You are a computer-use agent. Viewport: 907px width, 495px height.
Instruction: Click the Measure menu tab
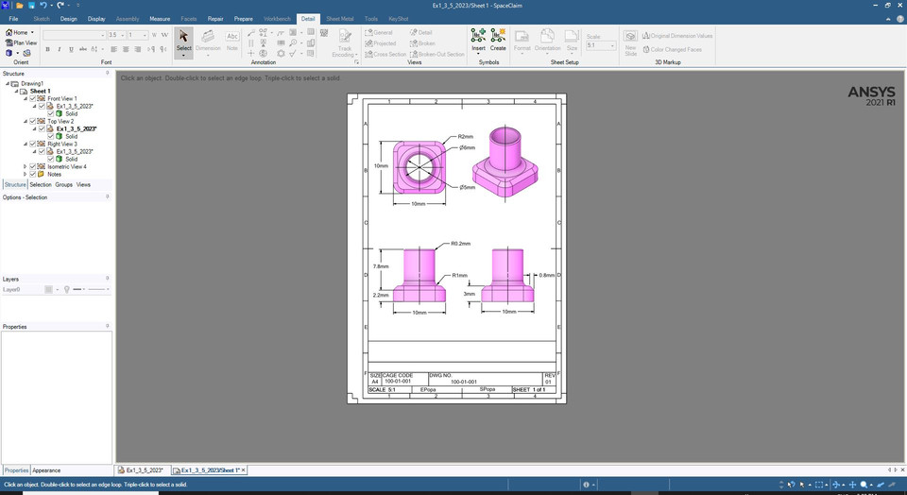pyautogui.click(x=160, y=18)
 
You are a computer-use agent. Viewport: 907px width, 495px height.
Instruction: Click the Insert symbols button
pyautogui.click(x=478, y=41)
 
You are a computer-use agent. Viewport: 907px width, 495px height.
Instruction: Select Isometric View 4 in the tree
pyautogui.click(x=66, y=166)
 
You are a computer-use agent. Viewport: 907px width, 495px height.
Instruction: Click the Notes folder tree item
pyautogui.click(x=54, y=174)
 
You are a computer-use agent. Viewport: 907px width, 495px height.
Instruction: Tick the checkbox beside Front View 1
pyautogui.click(x=33, y=98)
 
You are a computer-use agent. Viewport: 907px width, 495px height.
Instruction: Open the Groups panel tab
pyautogui.click(x=63, y=185)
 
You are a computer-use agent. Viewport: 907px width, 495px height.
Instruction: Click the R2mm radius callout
pyautogui.click(x=466, y=137)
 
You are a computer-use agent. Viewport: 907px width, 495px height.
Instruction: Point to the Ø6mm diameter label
pyautogui.click(x=467, y=147)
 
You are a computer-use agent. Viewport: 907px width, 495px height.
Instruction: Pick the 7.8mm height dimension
pyautogui.click(x=380, y=266)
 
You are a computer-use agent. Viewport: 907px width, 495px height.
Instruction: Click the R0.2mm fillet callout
pyautogui.click(x=460, y=244)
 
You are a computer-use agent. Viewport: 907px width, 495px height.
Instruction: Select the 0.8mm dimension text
pyautogui.click(x=546, y=275)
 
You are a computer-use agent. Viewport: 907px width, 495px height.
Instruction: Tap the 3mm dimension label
pyautogui.click(x=469, y=294)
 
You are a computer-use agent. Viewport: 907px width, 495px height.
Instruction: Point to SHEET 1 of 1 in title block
pyautogui.click(x=528, y=389)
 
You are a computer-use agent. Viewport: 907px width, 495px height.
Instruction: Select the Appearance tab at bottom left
pyautogui.click(x=46, y=470)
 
